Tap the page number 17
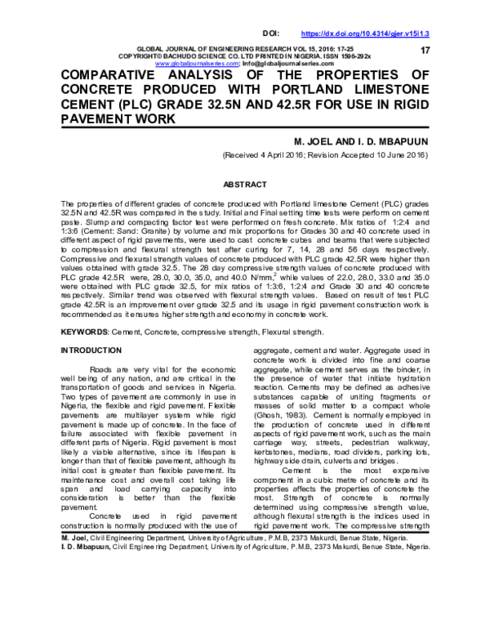pos(424,51)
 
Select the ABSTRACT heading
pos(245,184)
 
